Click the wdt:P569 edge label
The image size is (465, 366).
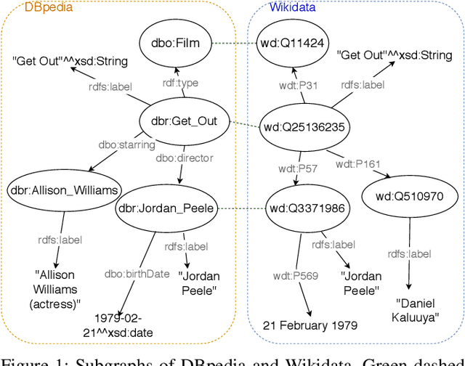pyautogui.click(x=288, y=274)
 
